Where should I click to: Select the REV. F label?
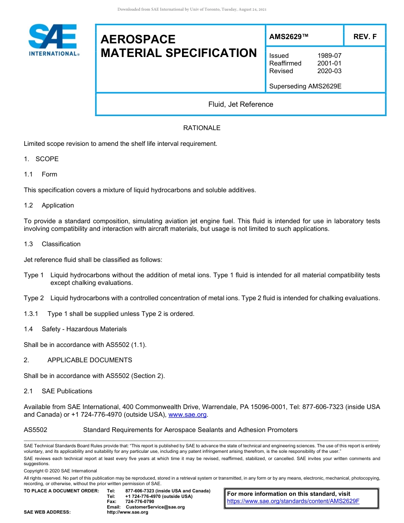(365, 37)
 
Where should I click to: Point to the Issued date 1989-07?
(329, 56)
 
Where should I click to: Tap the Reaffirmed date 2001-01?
(329, 63)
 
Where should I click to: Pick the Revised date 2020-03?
(329, 71)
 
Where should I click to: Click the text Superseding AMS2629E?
(305, 86)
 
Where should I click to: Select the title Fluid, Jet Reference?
(241, 104)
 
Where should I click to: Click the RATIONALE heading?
(202, 128)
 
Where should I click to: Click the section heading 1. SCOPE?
(41, 159)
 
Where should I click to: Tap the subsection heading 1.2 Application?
(49, 205)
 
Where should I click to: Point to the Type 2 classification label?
(34, 298)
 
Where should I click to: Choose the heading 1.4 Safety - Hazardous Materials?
(75, 329)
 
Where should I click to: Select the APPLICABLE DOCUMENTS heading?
(90, 360)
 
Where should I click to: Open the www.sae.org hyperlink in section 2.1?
(188, 415)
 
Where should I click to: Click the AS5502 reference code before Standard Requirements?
(35, 430)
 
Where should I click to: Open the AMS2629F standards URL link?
(293, 501)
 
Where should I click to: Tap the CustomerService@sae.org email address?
(155, 507)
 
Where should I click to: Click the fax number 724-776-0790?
(139, 502)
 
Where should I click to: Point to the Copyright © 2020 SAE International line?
(60, 471)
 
